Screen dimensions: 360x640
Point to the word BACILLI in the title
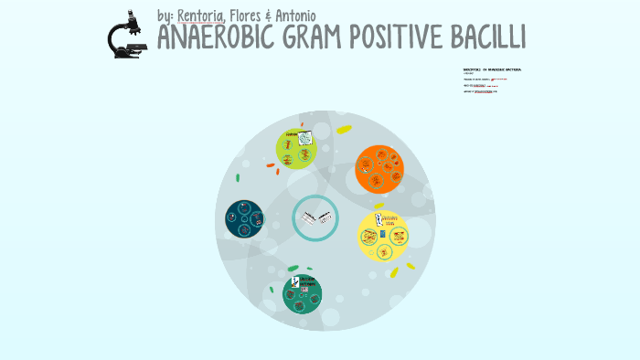click(x=489, y=38)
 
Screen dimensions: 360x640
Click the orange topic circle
click(x=379, y=168)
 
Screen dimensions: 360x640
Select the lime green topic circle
click(x=297, y=149)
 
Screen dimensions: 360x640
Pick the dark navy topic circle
click(x=245, y=219)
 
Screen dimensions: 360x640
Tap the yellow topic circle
click(x=382, y=235)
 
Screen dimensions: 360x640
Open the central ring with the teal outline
click(x=315, y=219)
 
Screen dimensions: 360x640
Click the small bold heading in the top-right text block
click(x=492, y=69)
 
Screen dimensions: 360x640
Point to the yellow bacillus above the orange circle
click(x=344, y=130)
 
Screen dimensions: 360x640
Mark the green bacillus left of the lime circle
click(x=238, y=177)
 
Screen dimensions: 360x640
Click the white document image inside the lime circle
click(x=304, y=139)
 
